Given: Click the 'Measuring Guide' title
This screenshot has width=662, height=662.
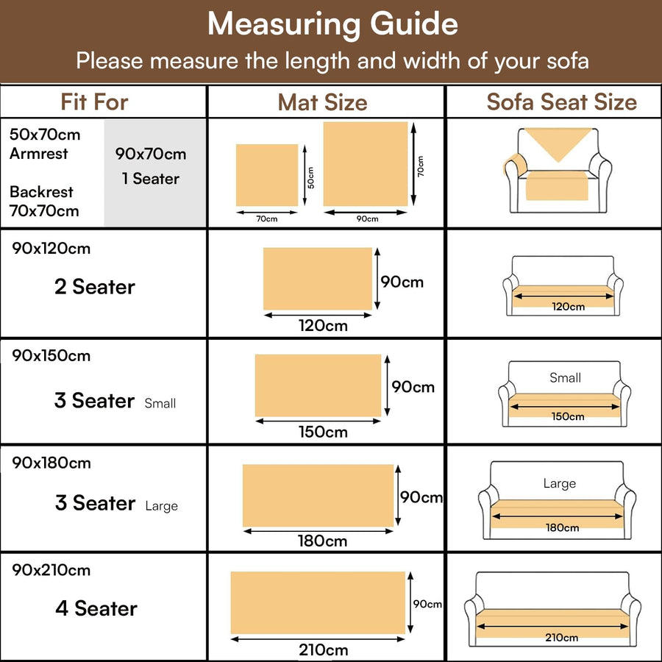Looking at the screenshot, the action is coord(332,24).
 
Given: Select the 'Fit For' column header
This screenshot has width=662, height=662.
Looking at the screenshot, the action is coord(94,102).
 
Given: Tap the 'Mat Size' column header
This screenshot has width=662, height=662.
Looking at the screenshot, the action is coord(323,102).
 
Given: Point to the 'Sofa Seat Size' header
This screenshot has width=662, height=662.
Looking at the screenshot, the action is coord(561,102).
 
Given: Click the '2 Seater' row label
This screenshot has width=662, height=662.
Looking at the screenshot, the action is coord(95,287).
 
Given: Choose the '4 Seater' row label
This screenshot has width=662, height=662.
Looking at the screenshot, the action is coord(96,608).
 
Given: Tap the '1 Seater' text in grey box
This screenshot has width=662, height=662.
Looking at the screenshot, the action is coord(151,179).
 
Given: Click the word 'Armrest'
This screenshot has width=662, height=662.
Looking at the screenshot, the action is coord(38,153).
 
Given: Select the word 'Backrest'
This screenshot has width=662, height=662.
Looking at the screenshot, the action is coord(41,192).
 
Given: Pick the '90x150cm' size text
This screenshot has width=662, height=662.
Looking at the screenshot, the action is coord(51,355).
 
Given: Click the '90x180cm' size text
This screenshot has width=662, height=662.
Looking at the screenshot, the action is coord(51,463).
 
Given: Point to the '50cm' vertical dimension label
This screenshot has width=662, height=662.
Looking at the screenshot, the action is coord(310,177).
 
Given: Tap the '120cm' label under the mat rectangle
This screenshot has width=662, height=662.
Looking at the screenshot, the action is coord(323,326).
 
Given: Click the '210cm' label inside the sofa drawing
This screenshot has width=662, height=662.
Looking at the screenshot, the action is coord(561,637).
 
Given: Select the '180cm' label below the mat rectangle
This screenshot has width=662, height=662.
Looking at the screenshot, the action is coord(323,541).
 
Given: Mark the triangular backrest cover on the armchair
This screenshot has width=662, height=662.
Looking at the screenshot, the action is coord(558,141).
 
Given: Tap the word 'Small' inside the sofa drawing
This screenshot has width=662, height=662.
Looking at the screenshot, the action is coord(566,377).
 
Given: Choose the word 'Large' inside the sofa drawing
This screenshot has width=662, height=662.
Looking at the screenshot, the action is coord(560,483).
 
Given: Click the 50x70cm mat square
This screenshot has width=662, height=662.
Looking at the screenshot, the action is coord(267,175).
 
